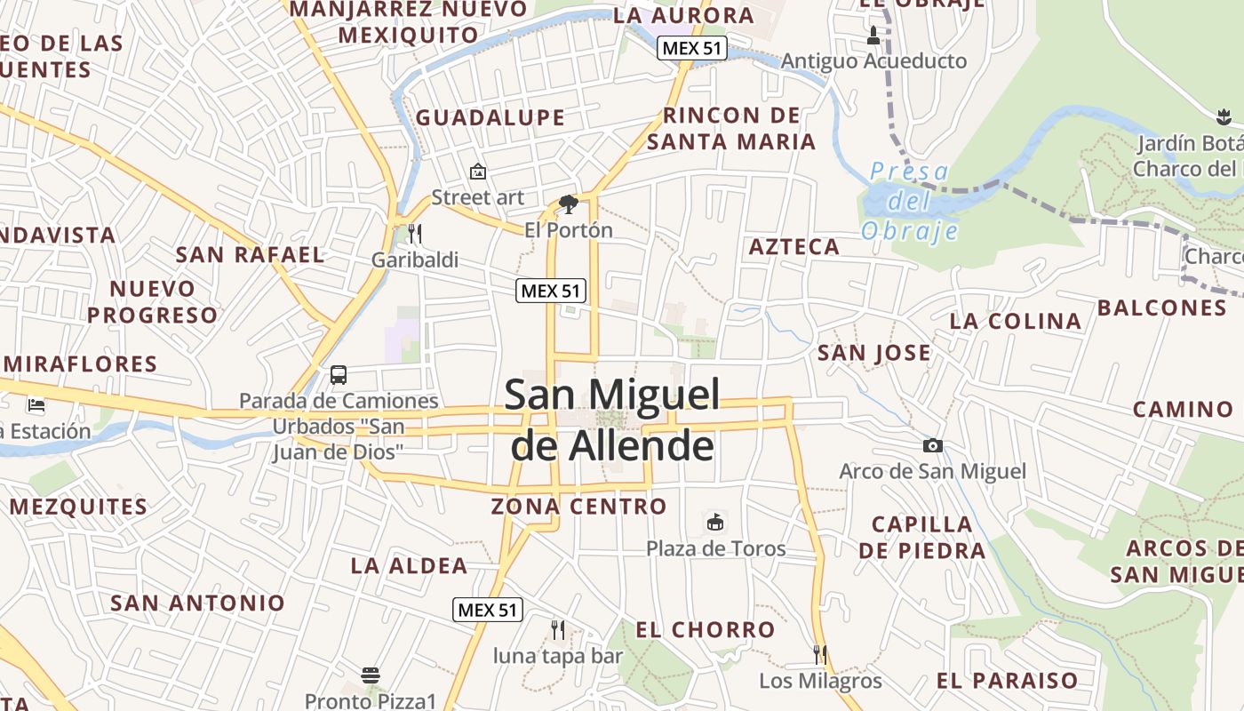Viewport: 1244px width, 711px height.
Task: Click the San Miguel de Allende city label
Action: pyautogui.click(x=612, y=419)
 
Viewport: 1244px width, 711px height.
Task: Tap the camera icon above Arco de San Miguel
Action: pyautogui.click(x=932, y=445)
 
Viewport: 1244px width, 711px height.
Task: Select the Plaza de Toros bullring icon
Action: pyautogui.click(x=715, y=522)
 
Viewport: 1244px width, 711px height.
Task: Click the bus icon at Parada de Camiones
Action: pyautogui.click(x=339, y=374)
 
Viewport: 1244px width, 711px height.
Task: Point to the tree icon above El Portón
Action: pyautogui.click(x=569, y=205)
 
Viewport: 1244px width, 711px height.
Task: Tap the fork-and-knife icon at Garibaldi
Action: pyautogui.click(x=415, y=234)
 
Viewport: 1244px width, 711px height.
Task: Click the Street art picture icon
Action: pyautogui.click(x=478, y=171)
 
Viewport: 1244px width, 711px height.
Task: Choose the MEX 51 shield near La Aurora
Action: pyautogui.click(x=692, y=48)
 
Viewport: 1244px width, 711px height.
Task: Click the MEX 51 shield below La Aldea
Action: pyautogui.click(x=488, y=610)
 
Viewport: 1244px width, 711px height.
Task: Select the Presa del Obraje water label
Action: pyautogui.click(x=910, y=201)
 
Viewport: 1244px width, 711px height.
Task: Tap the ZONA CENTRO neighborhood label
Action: pyautogui.click(x=578, y=507)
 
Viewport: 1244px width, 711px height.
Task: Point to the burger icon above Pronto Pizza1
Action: pyautogui.click(x=371, y=675)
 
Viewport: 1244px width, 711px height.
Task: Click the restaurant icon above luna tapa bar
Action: pyautogui.click(x=558, y=630)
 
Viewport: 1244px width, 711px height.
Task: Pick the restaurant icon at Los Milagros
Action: pyautogui.click(x=820, y=655)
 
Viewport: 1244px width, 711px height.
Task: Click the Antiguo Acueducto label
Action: pyautogui.click(x=873, y=61)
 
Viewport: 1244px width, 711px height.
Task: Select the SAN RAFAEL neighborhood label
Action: pyautogui.click(x=250, y=254)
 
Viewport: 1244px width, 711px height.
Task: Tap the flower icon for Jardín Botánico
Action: pyautogui.click(x=1224, y=116)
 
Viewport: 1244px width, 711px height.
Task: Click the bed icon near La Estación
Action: pyautogui.click(x=36, y=405)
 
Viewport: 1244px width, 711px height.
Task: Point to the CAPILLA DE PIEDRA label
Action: pyautogui.click(x=922, y=537)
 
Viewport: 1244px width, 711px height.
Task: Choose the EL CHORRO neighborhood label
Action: pyautogui.click(x=706, y=630)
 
